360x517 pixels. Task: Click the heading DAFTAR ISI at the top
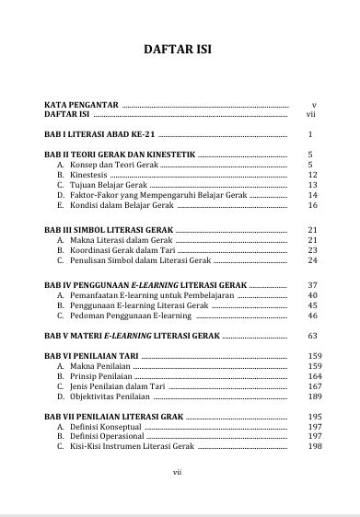click(180, 51)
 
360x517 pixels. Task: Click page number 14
click(312, 195)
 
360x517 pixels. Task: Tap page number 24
click(312, 260)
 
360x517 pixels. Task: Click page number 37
click(312, 285)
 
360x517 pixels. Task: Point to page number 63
click(312, 336)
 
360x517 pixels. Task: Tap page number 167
click(314, 387)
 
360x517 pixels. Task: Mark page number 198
click(314, 447)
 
